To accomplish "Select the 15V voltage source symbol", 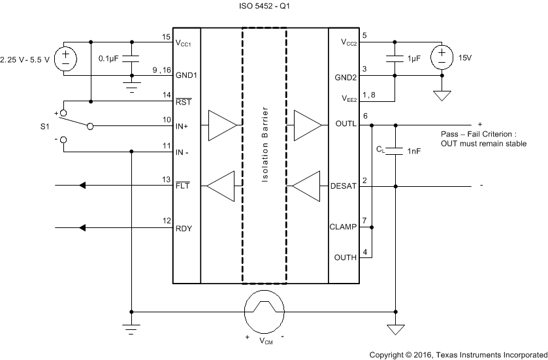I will click(442, 57).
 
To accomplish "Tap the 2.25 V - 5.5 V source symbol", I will click(65, 59).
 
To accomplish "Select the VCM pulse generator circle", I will click(265, 312).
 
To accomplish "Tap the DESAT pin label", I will click(343, 187).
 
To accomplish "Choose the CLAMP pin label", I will click(344, 228).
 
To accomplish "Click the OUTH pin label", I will click(345, 257).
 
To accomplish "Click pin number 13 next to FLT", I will click(166, 180).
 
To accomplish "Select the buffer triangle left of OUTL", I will click(307, 125).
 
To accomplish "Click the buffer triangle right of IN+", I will click(221, 125).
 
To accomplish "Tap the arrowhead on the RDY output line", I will click(82, 228).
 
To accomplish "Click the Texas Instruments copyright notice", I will click(458, 353).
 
